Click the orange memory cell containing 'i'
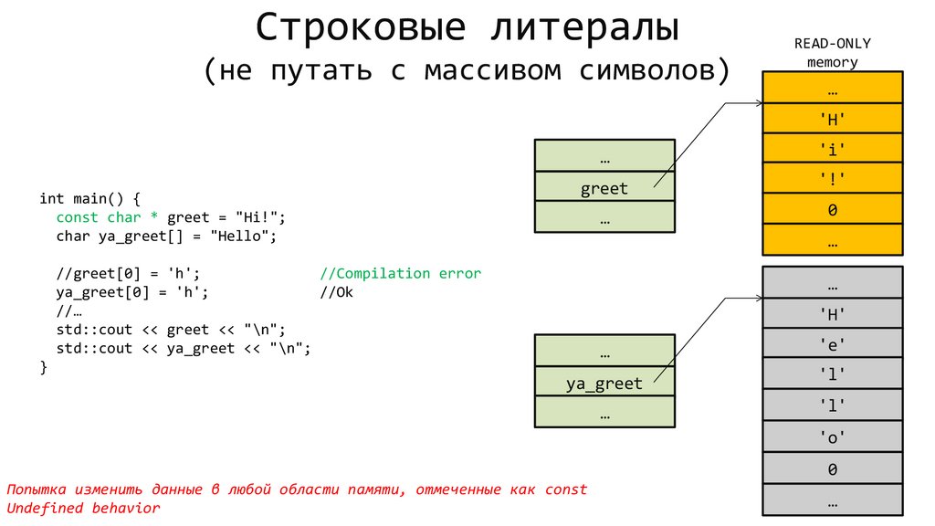(x=832, y=149)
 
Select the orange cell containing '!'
(x=832, y=179)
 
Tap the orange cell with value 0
(x=832, y=210)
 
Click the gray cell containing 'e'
(x=832, y=345)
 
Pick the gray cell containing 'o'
(x=832, y=437)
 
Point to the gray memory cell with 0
(x=832, y=469)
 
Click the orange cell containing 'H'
(x=832, y=118)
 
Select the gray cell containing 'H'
(x=832, y=314)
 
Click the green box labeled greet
(x=604, y=189)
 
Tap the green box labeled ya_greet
(x=604, y=384)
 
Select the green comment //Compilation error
(x=400, y=273)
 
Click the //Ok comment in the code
(x=336, y=292)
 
